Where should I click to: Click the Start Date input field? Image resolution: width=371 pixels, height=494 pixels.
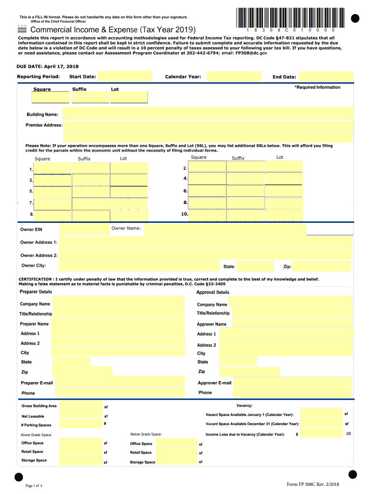click(x=125, y=77)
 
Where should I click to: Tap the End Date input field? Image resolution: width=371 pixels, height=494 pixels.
click(x=326, y=77)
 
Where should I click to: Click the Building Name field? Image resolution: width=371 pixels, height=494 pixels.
click(x=208, y=114)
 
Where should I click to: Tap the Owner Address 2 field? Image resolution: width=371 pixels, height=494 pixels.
click(x=206, y=255)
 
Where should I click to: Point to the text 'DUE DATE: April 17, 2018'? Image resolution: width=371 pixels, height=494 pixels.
click(x=48, y=66)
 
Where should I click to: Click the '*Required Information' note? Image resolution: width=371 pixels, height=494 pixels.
click(x=317, y=87)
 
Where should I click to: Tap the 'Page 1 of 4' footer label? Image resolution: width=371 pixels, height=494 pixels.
click(x=34, y=485)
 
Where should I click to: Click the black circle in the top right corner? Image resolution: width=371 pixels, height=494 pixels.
click(x=356, y=18)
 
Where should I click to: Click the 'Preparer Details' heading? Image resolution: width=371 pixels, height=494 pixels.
click(x=36, y=292)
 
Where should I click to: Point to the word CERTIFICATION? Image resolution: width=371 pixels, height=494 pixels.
click(x=35, y=279)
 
